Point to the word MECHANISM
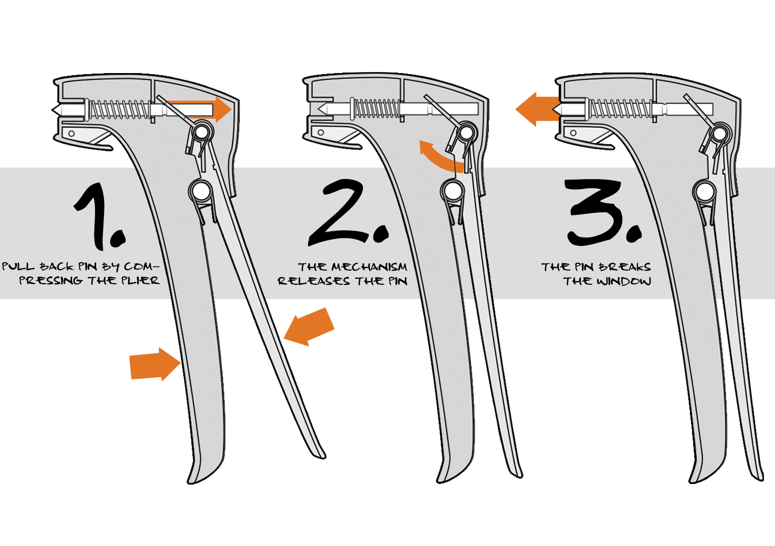click(369, 267)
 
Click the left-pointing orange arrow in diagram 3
click(537, 109)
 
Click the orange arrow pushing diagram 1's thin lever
click(309, 326)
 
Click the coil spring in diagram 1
click(118, 109)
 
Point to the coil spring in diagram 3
click(619, 109)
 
